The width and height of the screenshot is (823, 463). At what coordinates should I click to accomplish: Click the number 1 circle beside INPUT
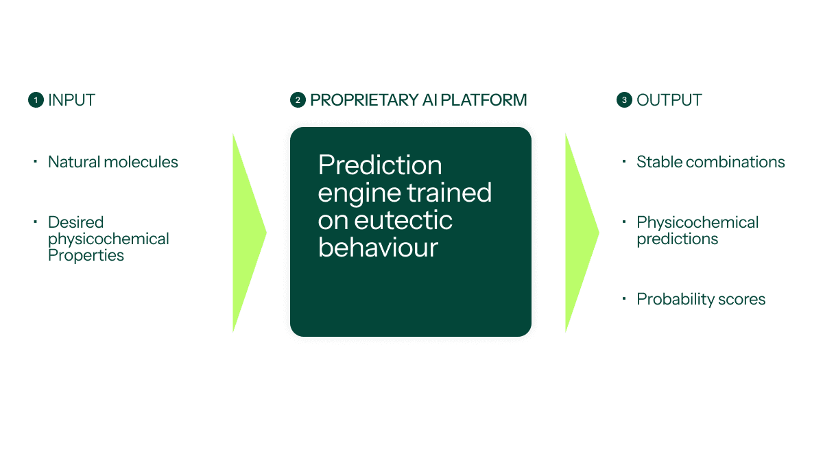pos(36,100)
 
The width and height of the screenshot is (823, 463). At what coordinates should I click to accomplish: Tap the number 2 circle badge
pos(298,100)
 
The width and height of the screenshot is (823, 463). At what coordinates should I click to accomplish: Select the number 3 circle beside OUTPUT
pos(624,100)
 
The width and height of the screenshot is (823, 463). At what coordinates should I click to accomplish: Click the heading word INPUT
pos(71,100)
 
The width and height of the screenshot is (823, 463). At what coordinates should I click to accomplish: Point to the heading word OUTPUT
pos(669,100)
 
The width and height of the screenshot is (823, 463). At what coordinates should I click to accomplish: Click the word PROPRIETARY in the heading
pos(364,100)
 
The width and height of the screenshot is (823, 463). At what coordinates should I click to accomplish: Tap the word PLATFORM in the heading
pos(484,100)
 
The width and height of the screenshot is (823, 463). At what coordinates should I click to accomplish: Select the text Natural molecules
pos(112,162)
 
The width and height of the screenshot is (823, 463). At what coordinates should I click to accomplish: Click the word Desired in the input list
pos(75,222)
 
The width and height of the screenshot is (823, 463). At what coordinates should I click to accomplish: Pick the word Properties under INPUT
pos(86,255)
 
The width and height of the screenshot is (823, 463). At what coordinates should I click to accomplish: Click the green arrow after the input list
pos(250,233)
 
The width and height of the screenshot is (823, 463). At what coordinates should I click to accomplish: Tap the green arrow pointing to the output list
pos(582,233)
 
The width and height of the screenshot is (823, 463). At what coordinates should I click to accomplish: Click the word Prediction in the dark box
pos(380,165)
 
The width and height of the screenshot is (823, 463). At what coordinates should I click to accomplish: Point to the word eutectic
pos(403,220)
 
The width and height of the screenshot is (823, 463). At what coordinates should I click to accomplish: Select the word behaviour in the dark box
pos(378,248)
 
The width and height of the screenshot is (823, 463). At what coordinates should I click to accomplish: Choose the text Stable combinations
pos(711,162)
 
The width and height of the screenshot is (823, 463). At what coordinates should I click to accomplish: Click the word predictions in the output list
pos(677,239)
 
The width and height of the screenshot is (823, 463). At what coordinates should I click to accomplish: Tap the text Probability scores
pos(701,299)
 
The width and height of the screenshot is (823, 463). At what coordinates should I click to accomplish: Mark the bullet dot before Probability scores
pos(624,298)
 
